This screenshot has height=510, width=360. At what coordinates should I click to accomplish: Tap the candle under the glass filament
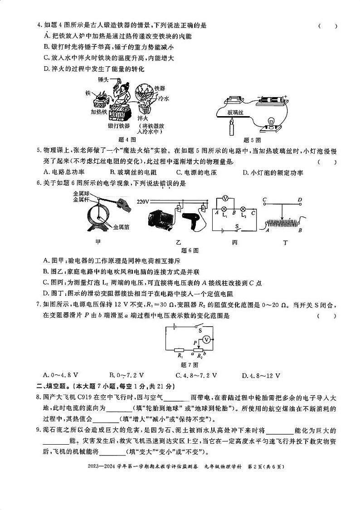[232, 128]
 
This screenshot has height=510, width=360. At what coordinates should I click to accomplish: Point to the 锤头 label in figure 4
[103, 80]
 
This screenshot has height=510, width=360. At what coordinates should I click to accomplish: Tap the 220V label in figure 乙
[142, 201]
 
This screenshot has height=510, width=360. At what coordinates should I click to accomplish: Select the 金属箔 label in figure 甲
[121, 226]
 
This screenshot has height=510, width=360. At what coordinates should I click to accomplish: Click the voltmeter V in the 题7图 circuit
[206, 339]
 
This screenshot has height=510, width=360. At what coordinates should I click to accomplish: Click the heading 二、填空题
[51, 386]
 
